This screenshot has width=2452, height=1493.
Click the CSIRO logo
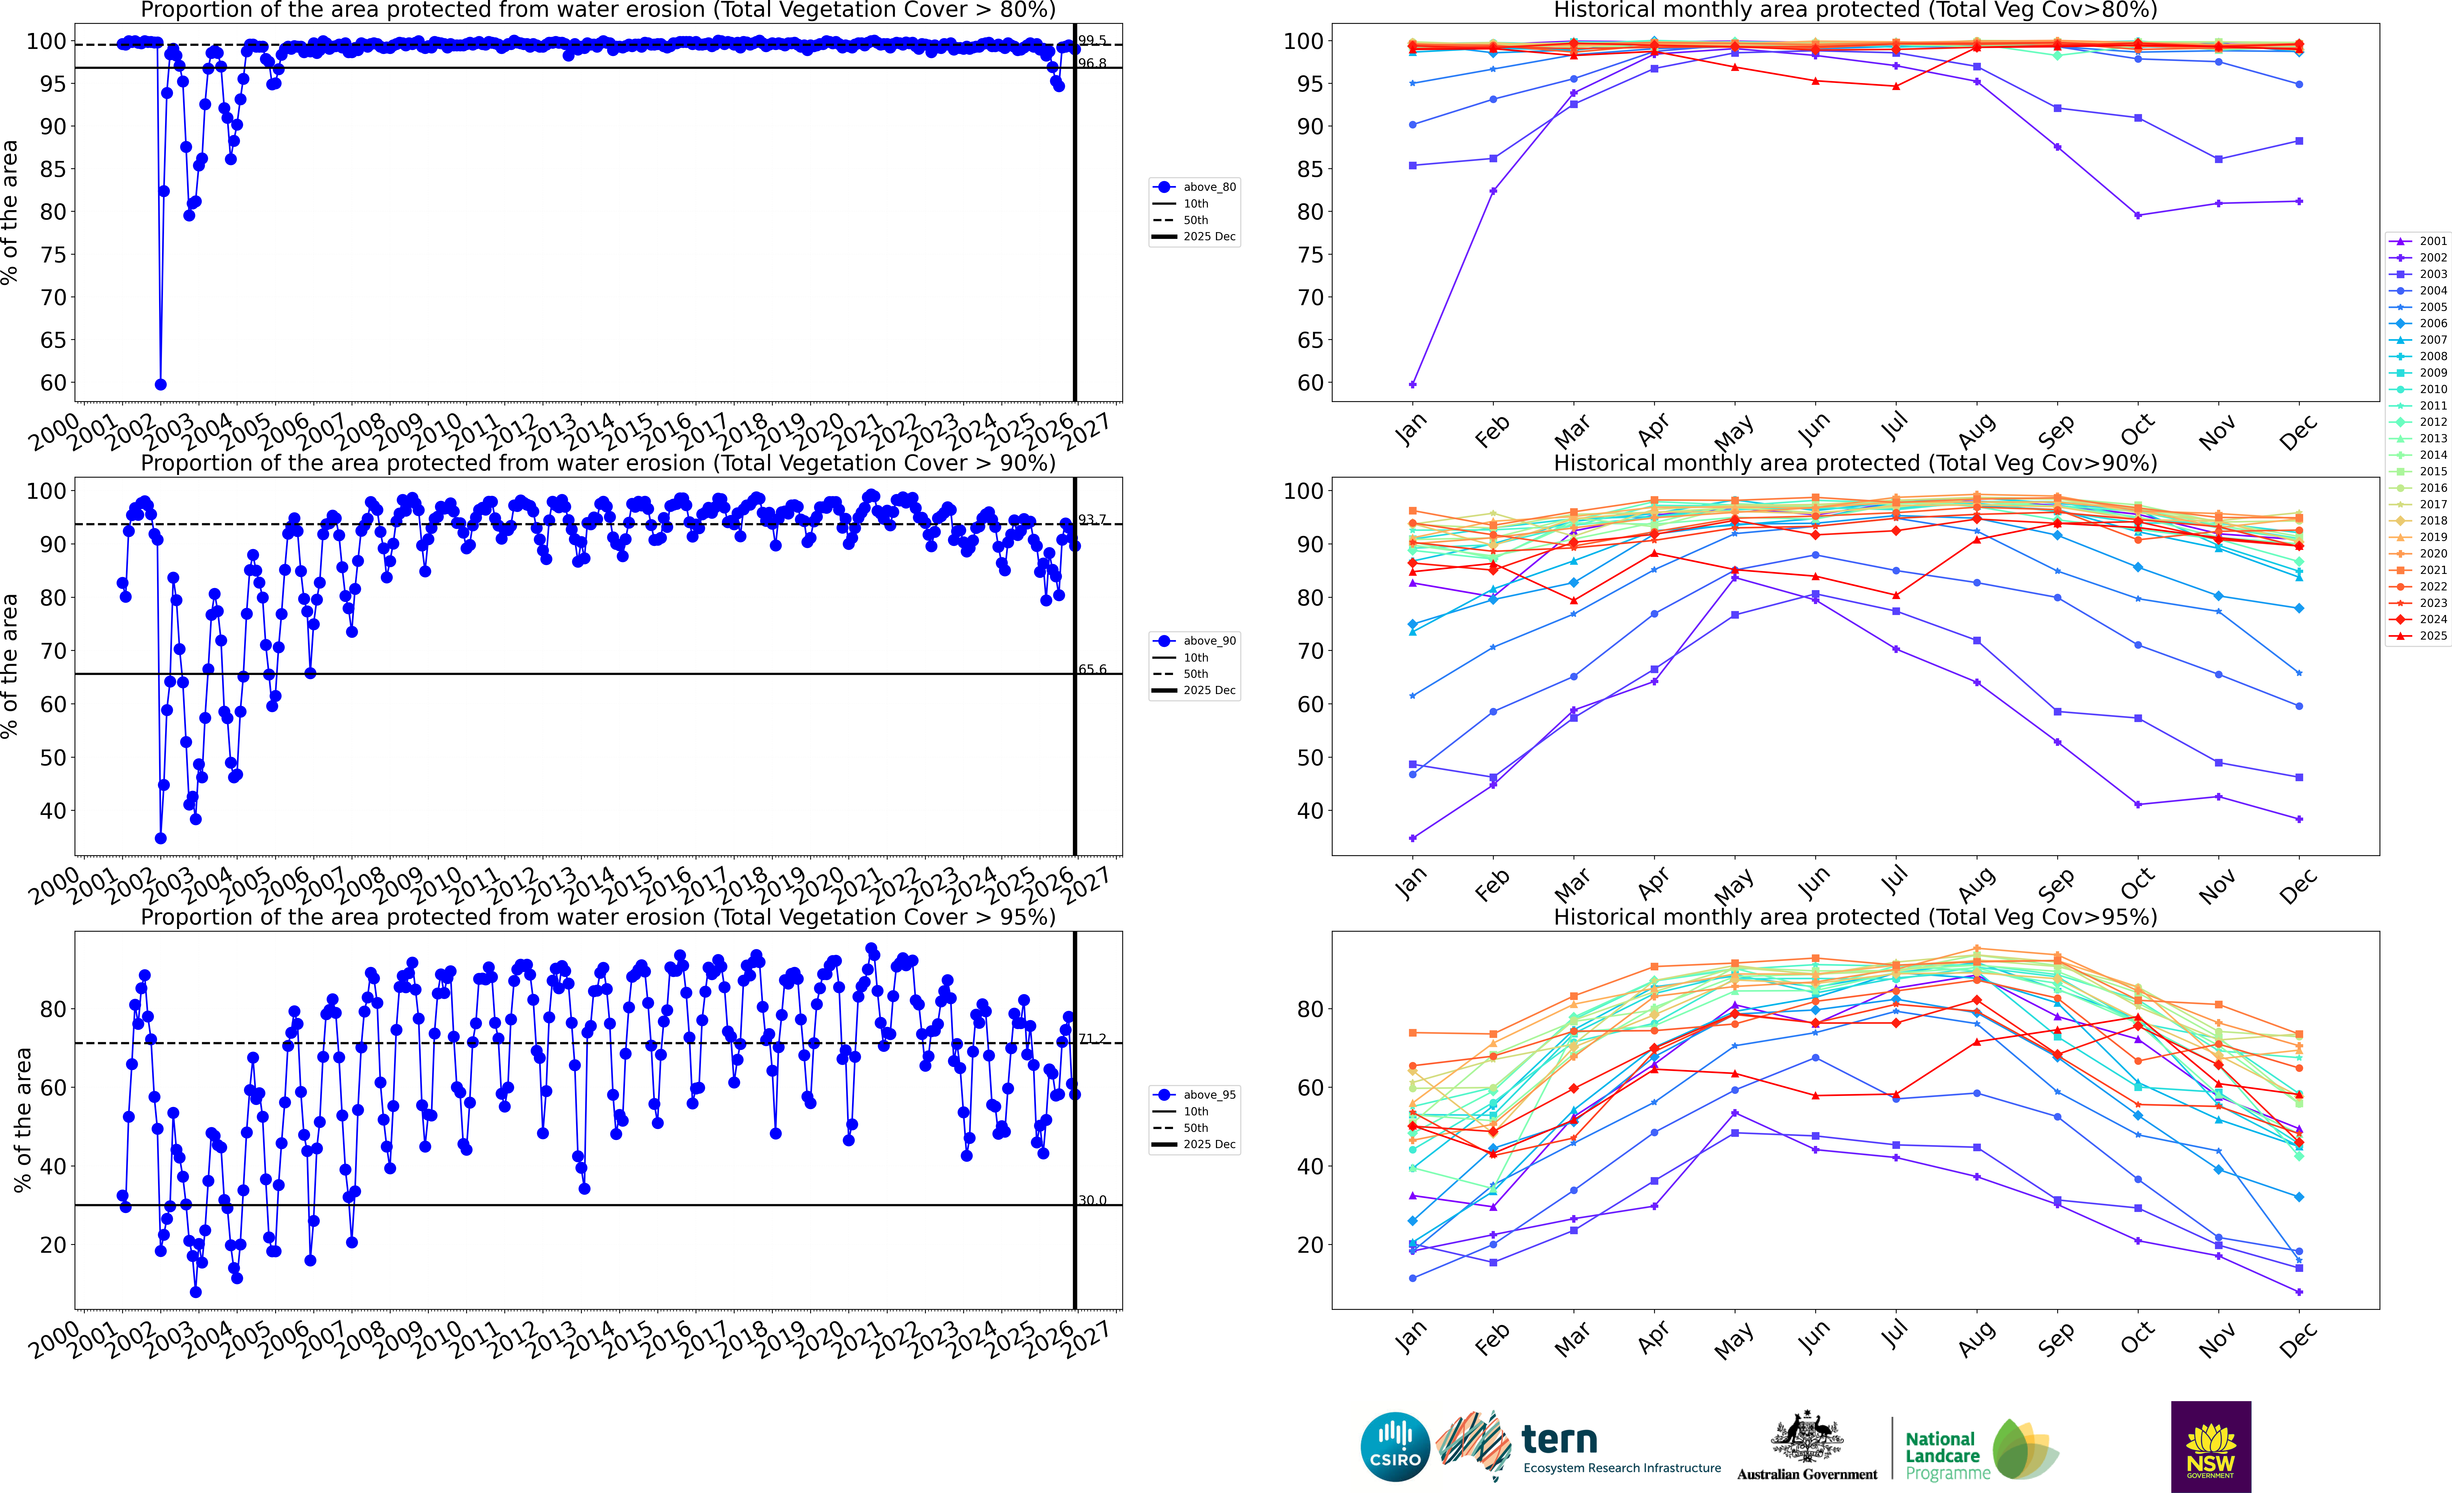tap(1395, 1446)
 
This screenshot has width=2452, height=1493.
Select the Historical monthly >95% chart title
tap(1855, 917)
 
